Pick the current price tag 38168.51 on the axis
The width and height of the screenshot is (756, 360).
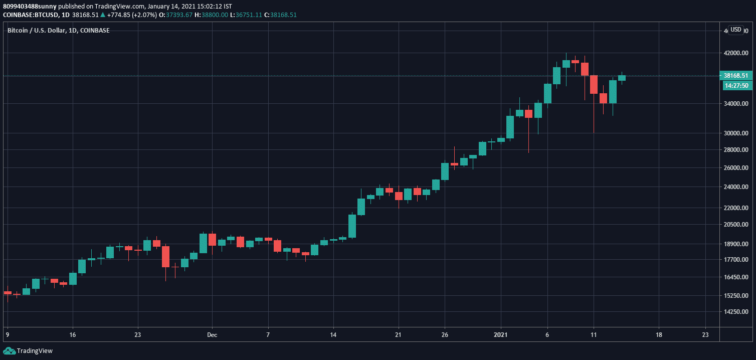(736, 76)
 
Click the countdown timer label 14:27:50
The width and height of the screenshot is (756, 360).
(736, 86)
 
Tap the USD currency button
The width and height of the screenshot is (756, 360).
(735, 30)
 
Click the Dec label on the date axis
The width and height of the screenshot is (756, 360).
(212, 335)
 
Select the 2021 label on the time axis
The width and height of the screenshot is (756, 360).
(501, 335)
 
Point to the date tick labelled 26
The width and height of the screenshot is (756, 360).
(445, 335)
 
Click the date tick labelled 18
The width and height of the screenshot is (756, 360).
(659, 335)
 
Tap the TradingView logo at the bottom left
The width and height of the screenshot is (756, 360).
(28, 351)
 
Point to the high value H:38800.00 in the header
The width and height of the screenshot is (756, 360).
(211, 15)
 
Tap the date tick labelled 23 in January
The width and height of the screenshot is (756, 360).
(705, 335)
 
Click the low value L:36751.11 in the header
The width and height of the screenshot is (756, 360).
(246, 15)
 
